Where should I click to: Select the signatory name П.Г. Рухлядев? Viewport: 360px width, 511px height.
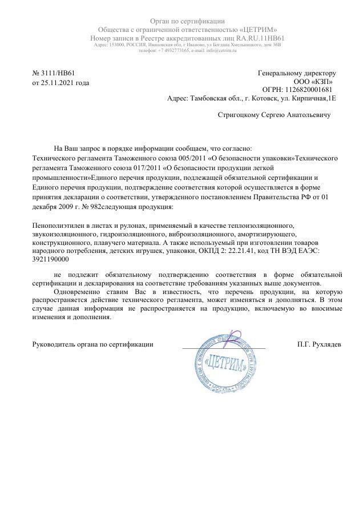(319, 344)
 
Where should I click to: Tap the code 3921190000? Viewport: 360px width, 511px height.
(49, 259)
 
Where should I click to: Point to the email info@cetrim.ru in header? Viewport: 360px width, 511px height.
(220, 50)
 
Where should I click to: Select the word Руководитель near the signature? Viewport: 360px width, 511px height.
(51, 344)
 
